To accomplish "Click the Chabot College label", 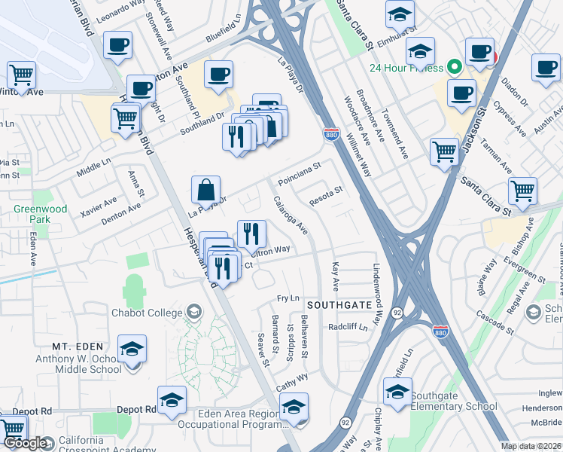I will tap(147, 313).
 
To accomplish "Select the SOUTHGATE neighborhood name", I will tap(339, 305).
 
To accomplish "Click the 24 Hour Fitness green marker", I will tap(454, 67).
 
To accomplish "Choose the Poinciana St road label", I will tap(299, 173).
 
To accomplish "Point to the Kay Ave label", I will tap(336, 276).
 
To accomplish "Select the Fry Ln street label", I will tap(288, 299).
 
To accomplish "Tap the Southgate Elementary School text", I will tap(455, 407).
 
